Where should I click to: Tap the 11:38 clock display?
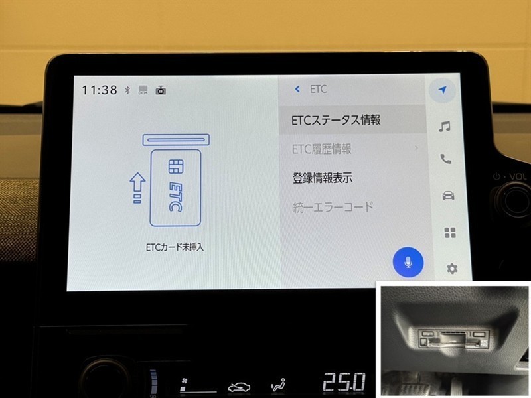(100, 90)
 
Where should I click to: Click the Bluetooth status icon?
(127, 90)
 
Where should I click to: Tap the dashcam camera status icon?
(161, 90)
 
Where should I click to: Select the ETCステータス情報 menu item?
(336, 120)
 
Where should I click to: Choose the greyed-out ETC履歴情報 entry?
(322, 149)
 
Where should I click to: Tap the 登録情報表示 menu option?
(323, 178)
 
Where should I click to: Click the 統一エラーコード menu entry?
(333, 207)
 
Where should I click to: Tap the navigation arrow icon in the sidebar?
(442, 90)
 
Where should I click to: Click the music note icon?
(444, 126)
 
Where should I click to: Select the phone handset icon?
(445, 159)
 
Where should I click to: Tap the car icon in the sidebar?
(448, 196)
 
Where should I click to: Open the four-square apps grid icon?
(450, 233)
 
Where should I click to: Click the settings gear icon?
(452, 269)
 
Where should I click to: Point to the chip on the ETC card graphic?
(176, 166)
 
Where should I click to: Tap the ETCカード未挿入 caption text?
(175, 247)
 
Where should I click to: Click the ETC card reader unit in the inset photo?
(453, 338)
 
